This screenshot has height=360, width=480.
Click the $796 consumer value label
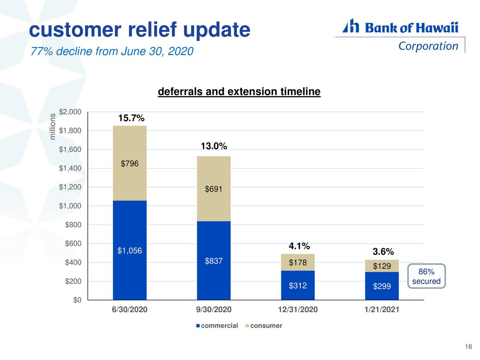pos(129,164)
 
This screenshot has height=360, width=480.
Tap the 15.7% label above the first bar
pos(131,118)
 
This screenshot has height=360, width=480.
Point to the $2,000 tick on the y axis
pos(70,112)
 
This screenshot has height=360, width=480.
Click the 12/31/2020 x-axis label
pos(298,310)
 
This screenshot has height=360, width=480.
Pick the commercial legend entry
pos(217,325)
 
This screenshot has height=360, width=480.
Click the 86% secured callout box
pos(426,276)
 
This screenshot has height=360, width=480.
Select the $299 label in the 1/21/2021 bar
pos(382,287)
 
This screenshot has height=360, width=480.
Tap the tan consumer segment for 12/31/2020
pos(298,262)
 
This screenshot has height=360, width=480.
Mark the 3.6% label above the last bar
pos(383,252)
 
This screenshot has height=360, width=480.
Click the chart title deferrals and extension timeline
pos(239,92)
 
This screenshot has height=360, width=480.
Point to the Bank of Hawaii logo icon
pos(351,26)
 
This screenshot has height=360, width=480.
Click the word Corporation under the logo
pos(428,46)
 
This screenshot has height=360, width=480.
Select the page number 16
pos(468,347)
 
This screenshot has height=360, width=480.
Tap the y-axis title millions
pos(53,126)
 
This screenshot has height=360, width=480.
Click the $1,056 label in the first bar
pos(129,251)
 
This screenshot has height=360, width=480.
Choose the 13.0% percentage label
pos(213,146)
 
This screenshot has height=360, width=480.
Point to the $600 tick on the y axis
pos(73,244)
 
